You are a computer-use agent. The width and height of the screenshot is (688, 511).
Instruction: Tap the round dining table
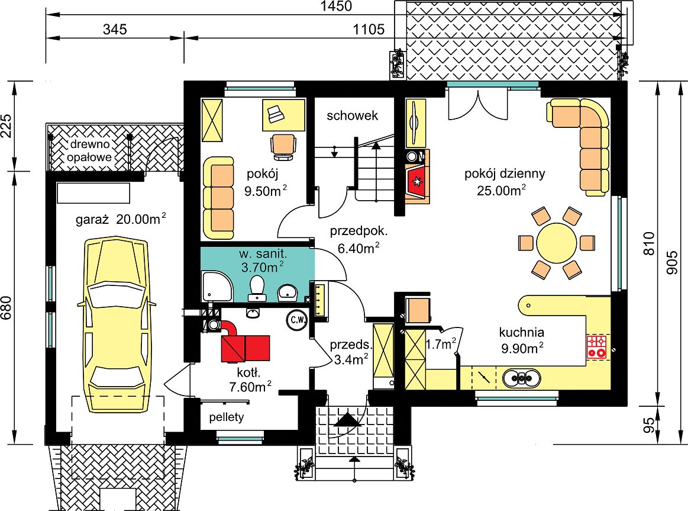556,243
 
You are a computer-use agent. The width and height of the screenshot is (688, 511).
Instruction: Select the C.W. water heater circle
297,320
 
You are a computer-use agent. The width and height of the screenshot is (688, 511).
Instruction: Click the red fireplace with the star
416,180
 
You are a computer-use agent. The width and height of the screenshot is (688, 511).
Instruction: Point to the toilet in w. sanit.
257,288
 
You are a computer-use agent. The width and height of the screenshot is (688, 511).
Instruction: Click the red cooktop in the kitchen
597,346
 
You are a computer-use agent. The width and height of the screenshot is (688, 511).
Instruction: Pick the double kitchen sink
521,378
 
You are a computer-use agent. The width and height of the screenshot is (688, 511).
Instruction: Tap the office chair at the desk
283,146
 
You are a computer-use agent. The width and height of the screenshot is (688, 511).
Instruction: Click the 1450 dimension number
336,6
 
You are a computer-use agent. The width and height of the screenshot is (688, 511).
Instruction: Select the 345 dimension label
115,30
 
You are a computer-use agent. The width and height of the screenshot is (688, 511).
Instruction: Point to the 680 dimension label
7,308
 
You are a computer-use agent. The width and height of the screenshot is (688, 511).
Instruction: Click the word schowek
353,115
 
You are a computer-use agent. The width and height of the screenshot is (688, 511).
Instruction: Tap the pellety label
227,417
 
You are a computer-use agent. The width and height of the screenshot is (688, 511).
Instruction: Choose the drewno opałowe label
89,150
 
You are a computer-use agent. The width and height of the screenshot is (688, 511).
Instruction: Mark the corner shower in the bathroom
217,286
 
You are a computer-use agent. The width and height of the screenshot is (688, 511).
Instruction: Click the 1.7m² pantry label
441,344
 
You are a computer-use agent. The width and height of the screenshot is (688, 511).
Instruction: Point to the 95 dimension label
648,425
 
